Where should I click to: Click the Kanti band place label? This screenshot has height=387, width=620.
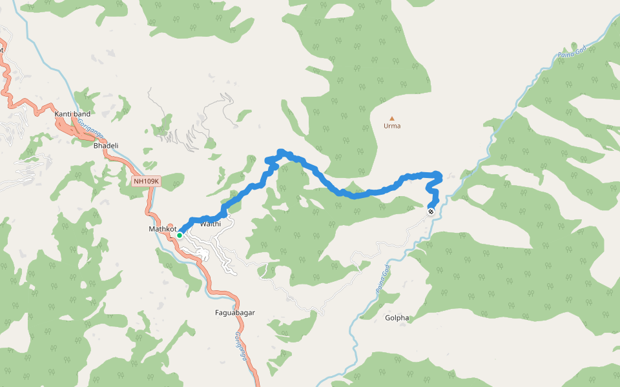[72, 114]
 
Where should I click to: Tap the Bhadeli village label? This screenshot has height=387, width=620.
[106, 146]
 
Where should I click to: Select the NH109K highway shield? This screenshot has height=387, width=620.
[146, 181]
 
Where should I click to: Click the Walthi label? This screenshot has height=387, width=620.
[211, 224]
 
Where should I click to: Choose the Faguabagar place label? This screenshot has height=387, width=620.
[234, 313]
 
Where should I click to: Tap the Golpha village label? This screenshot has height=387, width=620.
[397, 318]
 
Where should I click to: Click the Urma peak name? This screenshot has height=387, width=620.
[392, 126]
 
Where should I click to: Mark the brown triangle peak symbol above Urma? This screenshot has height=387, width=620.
[391, 118]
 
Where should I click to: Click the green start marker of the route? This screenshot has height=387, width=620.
[180, 235]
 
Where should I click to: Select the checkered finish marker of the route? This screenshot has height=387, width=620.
[431, 211]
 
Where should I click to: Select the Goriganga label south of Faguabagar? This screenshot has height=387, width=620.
[240, 345]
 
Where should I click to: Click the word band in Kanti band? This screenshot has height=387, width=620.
[82, 114]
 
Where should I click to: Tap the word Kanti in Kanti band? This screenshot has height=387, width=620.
[63, 114]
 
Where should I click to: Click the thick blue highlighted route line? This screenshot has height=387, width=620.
[354, 193]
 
